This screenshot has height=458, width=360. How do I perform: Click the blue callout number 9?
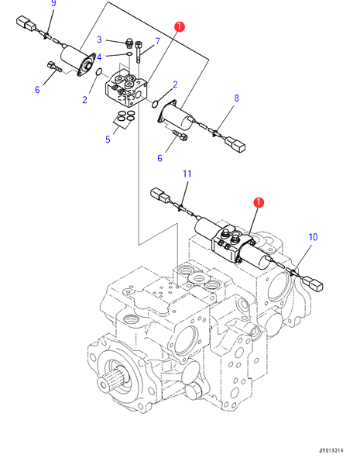[x=53, y=3]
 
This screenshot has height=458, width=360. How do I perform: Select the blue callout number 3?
[x=99, y=40]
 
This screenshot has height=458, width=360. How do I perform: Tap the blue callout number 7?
[x=157, y=41]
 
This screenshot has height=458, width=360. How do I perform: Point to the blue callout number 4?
[x=99, y=57]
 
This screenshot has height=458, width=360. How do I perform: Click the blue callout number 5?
[x=108, y=139]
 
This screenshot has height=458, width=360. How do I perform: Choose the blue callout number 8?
[x=237, y=98]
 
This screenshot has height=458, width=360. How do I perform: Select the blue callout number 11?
[x=187, y=174]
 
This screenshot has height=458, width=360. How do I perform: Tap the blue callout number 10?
[x=313, y=237]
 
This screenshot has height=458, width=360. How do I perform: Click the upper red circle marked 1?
[x=180, y=26]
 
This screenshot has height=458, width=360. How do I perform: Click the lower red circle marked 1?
[x=259, y=202]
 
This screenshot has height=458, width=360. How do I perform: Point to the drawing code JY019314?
[x=331, y=451]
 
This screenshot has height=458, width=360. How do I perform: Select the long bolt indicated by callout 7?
[x=139, y=51]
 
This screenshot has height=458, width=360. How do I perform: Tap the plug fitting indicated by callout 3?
[x=129, y=43]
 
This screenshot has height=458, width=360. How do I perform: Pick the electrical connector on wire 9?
[x=26, y=23]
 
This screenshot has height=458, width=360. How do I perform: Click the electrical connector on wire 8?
[x=235, y=145]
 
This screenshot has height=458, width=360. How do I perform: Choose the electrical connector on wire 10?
[x=313, y=284]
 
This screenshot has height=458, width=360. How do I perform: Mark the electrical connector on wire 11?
[x=159, y=195]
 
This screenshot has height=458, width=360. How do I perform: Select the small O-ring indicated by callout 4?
[x=129, y=53]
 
